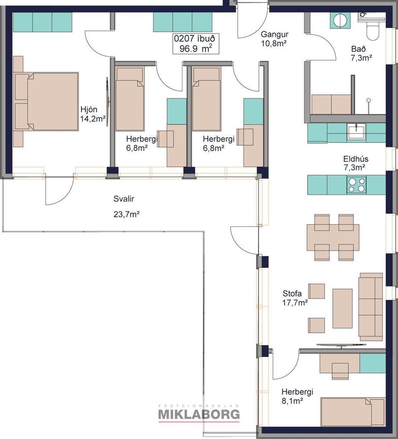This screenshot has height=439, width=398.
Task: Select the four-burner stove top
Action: (x=357, y=185)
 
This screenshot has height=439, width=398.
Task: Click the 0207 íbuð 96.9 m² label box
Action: (x=196, y=44)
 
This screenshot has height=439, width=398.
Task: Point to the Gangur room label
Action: (x=274, y=34)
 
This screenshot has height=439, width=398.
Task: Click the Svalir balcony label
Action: (x=124, y=199)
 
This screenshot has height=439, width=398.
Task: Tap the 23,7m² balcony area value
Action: (x=127, y=215)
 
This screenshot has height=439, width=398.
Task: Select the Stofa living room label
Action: (x=292, y=293)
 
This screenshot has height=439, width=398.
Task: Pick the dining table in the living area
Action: (x=333, y=237)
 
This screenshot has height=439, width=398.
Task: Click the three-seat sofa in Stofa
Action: (x=371, y=307)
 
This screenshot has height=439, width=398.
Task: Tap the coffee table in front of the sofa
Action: (x=342, y=308)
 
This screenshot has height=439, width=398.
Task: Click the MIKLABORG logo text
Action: (x=199, y=414)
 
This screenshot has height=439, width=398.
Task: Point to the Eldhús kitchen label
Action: (x=356, y=159)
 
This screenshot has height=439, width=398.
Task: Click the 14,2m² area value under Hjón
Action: (x=93, y=118)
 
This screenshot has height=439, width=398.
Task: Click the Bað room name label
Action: (x=358, y=49)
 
